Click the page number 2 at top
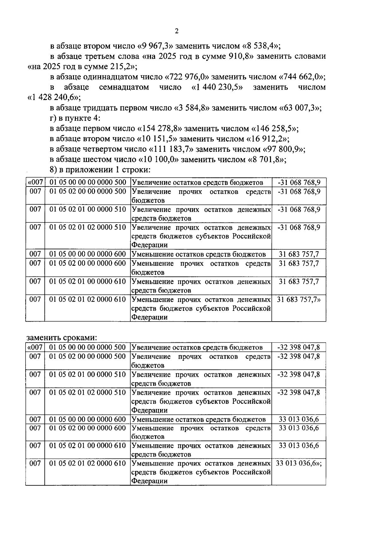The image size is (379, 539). tap(177, 31)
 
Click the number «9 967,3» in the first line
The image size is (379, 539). tap(155, 46)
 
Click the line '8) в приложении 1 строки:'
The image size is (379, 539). tap(100, 170)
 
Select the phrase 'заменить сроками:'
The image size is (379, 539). tap(62, 337)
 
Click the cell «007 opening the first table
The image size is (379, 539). tap(35, 182)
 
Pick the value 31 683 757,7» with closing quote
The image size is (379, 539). tap(298, 299)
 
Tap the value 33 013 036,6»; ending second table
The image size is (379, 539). tap(298, 464)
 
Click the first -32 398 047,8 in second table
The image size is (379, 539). tap(298, 347)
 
